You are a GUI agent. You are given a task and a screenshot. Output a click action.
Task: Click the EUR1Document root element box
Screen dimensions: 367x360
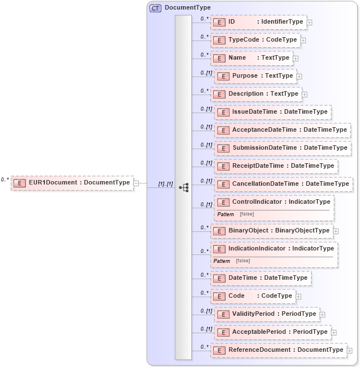tap(72, 182)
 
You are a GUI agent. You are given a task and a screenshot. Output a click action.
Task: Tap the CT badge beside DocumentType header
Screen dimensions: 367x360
tap(155, 8)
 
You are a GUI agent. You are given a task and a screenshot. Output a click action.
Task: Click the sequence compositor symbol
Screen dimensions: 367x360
tap(183, 187)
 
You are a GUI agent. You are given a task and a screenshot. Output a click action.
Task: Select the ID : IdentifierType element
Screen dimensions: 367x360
tap(259, 22)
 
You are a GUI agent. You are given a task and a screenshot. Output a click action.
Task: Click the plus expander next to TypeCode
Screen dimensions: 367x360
tap(303, 41)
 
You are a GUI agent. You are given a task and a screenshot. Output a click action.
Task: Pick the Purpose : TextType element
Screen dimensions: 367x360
tap(255, 76)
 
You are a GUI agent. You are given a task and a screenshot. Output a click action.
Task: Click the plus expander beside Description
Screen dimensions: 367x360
tap(305, 95)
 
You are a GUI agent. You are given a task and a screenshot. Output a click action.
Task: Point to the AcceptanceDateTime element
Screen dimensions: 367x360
tap(282, 130)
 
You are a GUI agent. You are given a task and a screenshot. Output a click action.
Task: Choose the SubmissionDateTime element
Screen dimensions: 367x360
tap(282, 148)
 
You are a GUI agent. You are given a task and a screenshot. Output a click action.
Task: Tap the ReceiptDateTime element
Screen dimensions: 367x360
tap(276, 166)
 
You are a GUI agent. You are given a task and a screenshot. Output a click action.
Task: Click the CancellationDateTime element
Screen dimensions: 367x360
tap(283, 184)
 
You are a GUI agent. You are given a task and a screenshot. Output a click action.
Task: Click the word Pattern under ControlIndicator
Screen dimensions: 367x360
tap(226, 214)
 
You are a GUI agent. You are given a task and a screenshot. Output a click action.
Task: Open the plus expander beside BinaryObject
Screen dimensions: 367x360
tap(336, 231)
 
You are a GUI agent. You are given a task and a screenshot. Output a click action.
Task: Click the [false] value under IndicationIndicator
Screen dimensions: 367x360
tap(243, 261)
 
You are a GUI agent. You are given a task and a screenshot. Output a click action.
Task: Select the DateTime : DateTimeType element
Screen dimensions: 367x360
tap(260, 278)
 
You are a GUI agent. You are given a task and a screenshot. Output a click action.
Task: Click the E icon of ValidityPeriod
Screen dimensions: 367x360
tap(223, 314)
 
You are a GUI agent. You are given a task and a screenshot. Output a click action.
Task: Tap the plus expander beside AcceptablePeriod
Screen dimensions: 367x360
tap(334, 333)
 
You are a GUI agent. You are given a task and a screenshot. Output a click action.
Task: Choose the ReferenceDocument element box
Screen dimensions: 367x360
tap(278, 350)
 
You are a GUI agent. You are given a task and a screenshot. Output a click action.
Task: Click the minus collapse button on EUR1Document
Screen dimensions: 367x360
tap(136, 183)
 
